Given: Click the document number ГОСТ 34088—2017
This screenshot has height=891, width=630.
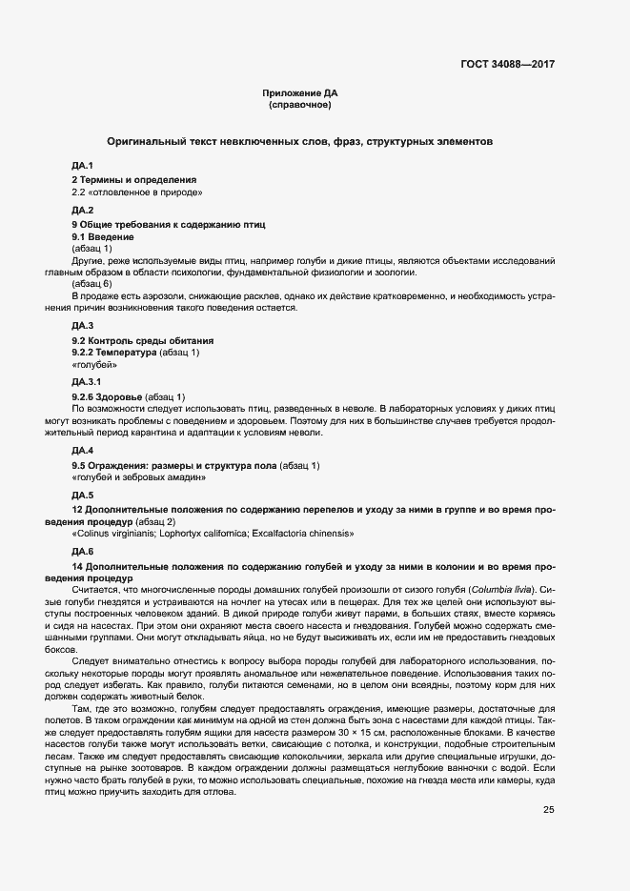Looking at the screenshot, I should point(506,64).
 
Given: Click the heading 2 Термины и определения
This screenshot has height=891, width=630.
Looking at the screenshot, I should point(133,179).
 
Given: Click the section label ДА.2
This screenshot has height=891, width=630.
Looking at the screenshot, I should point(82,210).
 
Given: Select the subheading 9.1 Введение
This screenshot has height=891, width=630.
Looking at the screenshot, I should point(103,235).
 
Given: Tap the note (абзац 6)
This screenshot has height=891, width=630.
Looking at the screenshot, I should point(91,284).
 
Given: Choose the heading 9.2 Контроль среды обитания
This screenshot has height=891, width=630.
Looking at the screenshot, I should point(143,340).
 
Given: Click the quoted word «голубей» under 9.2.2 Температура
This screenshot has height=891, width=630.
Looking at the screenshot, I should point(94,364).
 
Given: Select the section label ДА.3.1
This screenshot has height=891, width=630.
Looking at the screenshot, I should point(86,381).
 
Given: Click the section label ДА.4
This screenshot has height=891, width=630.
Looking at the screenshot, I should point(82,450).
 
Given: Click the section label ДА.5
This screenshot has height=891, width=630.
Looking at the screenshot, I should point(82,496).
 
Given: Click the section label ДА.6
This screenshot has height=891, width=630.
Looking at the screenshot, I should point(82,552).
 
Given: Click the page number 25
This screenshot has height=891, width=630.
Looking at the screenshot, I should point(548,810).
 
